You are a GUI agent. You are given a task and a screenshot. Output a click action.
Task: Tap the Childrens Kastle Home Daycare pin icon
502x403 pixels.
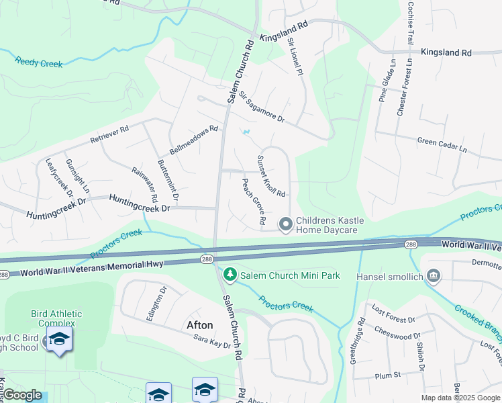click(286, 224)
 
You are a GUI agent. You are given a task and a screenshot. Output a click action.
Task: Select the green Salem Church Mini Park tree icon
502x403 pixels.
click(230, 275)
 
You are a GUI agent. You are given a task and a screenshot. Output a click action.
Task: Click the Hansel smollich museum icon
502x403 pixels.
click(433, 275)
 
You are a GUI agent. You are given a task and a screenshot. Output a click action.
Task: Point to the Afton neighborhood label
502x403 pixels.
click(199, 325)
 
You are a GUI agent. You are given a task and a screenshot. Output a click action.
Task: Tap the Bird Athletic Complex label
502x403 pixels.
click(56, 318)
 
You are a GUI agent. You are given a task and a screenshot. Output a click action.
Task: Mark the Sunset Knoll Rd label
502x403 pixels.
click(271, 176)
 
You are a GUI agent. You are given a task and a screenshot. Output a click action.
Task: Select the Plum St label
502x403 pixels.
click(388, 374)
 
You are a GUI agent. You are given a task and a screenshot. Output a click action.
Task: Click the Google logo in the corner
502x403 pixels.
click(22, 394)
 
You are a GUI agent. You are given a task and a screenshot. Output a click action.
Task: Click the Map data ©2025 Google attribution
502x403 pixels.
click(460, 398)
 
